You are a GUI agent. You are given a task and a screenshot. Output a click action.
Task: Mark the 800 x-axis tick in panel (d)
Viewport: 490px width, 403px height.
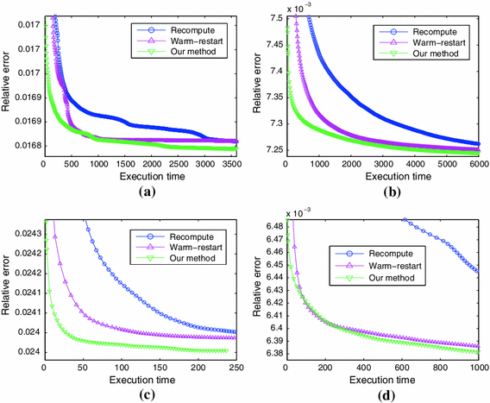point(438,367)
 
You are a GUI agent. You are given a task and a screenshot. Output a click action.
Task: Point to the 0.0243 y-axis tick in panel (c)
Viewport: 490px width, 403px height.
point(21,234)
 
